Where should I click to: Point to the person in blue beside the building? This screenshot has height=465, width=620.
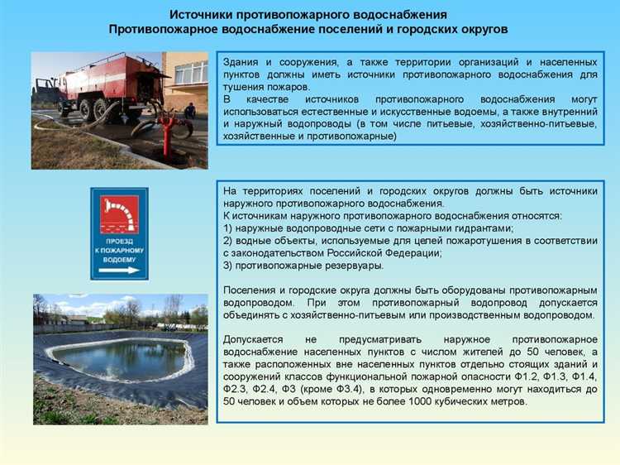pyautogui.click(x=191, y=110)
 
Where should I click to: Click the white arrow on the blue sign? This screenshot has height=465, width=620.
pyautogui.click(x=119, y=270)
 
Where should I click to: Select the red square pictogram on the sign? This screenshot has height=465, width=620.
pyautogui.click(x=119, y=214)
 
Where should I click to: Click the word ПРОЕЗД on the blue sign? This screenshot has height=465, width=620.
pyautogui.click(x=119, y=241)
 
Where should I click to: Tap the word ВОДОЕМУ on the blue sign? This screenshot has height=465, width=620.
pyautogui.click(x=119, y=258)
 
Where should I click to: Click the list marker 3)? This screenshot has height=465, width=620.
pyautogui.click(x=230, y=266)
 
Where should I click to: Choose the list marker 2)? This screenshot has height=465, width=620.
pyautogui.click(x=230, y=241)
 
